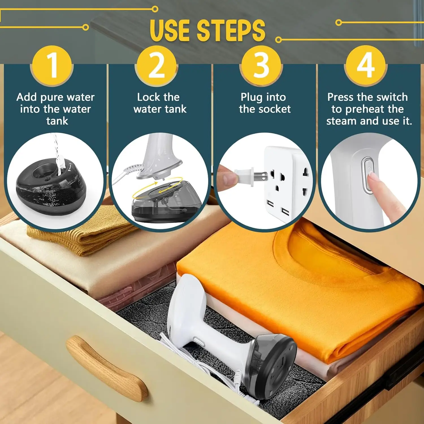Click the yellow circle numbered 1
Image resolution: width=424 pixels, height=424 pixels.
(x=52, y=66)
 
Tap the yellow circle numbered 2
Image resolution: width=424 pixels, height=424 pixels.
(x=156, y=66)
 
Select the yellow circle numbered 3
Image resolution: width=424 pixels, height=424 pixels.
(x=261, y=66)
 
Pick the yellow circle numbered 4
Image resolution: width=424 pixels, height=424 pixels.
(x=366, y=66)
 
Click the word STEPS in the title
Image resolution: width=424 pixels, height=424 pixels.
(x=231, y=31)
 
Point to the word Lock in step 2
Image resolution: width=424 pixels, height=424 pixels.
(x=148, y=97)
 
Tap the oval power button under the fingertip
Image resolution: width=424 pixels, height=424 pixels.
(x=367, y=175)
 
